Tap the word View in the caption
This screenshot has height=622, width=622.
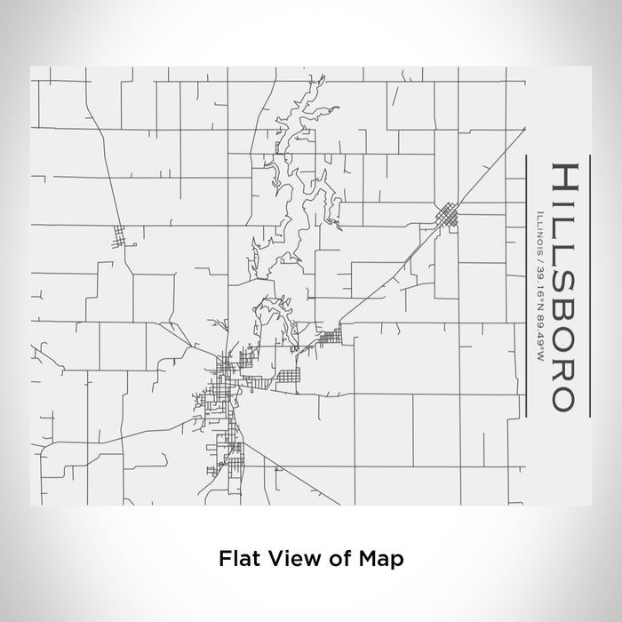[x=290, y=559]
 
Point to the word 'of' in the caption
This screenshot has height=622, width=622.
[x=339, y=559]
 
